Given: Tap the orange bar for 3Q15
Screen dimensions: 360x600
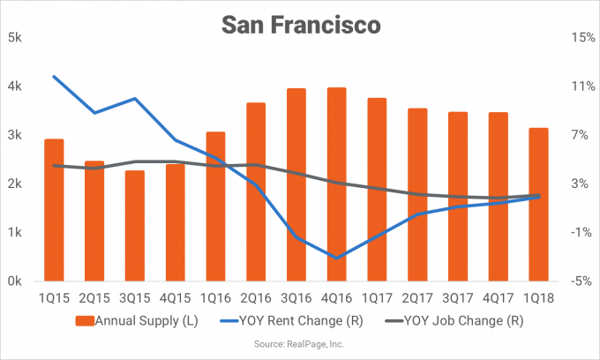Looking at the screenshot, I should pos(135,225).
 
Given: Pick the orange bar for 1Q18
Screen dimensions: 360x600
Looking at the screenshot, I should pos(538,204).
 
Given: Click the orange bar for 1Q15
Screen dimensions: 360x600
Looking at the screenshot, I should pos(54,210).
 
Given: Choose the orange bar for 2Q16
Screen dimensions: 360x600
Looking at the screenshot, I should pos(256,191).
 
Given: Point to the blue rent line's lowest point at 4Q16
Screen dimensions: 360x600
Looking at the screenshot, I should pos(336,258).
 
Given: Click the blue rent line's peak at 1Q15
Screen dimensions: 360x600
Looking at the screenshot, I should pos(55,77).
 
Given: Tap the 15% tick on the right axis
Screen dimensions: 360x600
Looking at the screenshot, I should pos(578,38).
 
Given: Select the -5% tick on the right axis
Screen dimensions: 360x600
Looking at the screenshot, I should pos(578,281).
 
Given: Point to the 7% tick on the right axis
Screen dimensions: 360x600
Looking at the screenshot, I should pos(578,135).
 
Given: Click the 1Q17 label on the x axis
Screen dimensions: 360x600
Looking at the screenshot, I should pos(377,299).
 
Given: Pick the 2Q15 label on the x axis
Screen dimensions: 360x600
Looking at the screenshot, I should pos(94,299).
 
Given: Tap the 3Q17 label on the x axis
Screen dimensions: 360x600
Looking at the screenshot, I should pos(457,299).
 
